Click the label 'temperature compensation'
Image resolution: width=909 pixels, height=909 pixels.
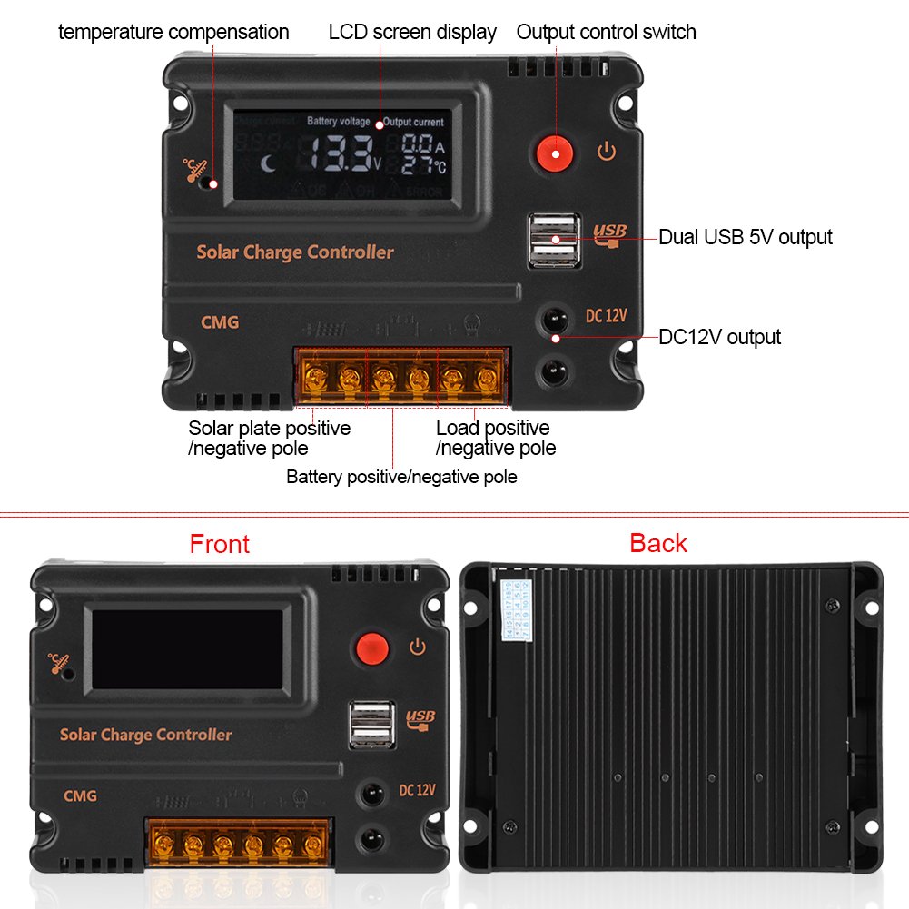pos(173,33)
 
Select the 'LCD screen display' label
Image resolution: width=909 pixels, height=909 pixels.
pos(412,33)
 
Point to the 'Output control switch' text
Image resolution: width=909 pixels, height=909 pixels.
pos(606,33)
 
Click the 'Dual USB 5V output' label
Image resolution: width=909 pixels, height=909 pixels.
pos(745,237)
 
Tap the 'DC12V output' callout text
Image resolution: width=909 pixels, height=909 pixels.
pos(719,337)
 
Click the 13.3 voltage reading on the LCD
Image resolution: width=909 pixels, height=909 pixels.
pos(338,153)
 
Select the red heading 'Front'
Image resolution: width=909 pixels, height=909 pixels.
pos(219,544)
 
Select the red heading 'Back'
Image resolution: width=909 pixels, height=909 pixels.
pos(658,543)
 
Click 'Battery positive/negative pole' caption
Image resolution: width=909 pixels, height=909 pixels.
pos(401,477)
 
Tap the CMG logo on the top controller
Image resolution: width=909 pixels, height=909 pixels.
pos(220,321)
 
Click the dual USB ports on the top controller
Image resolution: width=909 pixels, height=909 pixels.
pos(553,240)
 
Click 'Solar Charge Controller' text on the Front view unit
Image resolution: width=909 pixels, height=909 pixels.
pos(145,735)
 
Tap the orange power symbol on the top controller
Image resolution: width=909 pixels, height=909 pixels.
pos(607,152)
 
